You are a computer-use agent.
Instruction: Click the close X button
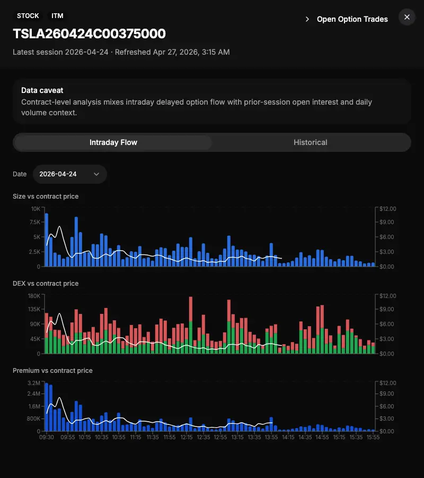[x=407, y=17]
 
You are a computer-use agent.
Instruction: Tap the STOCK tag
[x=28, y=16]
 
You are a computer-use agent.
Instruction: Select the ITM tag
[x=57, y=16]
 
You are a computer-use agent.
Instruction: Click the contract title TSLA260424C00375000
[x=89, y=34]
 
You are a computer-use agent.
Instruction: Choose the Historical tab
[x=311, y=142]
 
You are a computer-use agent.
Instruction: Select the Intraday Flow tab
[x=113, y=142]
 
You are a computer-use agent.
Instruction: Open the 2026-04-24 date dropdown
[x=69, y=174]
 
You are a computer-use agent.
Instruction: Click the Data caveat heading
[x=42, y=90]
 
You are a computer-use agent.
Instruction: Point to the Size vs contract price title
[x=46, y=197]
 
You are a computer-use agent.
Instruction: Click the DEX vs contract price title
[x=46, y=284]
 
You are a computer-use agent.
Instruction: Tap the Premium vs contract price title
[x=52, y=371]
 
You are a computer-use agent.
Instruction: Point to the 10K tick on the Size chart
[x=36, y=209]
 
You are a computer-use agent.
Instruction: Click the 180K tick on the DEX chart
[x=34, y=296]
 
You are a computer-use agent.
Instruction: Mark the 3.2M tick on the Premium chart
[x=34, y=383]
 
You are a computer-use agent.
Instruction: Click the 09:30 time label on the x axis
[x=47, y=438]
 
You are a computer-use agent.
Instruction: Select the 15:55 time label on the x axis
[x=373, y=438]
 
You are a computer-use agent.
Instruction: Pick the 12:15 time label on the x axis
[x=187, y=438]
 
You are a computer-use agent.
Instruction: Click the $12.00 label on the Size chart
[x=387, y=209]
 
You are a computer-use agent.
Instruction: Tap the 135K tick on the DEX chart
[x=34, y=310]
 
